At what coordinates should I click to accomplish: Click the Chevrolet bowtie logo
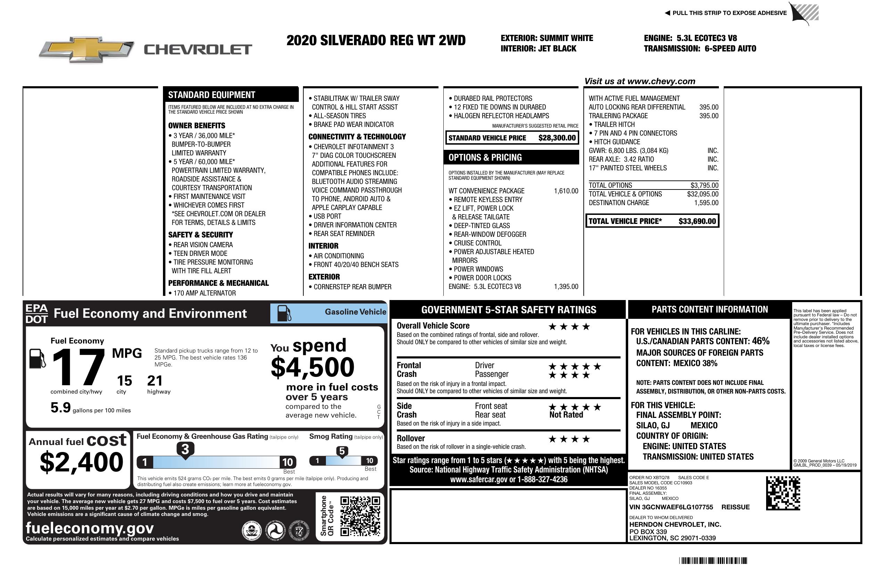click(87, 49)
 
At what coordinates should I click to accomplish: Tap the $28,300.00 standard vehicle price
click(557, 138)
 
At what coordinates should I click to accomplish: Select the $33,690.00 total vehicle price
click(697, 221)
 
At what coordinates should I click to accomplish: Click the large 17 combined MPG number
click(78, 367)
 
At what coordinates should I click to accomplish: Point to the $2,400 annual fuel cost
click(81, 462)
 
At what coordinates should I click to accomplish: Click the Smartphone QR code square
click(360, 516)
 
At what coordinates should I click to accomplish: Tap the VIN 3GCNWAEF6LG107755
click(671, 507)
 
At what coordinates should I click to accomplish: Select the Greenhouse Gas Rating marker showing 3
click(185, 450)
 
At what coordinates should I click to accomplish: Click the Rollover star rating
click(569, 439)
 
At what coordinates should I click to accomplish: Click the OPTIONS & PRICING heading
click(485, 157)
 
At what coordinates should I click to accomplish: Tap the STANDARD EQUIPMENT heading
click(212, 95)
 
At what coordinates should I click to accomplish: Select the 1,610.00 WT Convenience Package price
click(566, 191)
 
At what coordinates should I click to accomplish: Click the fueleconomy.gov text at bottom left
click(90, 528)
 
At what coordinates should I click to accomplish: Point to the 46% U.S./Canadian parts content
click(760, 341)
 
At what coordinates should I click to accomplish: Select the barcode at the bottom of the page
click(713, 560)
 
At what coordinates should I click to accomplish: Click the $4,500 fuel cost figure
click(312, 367)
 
